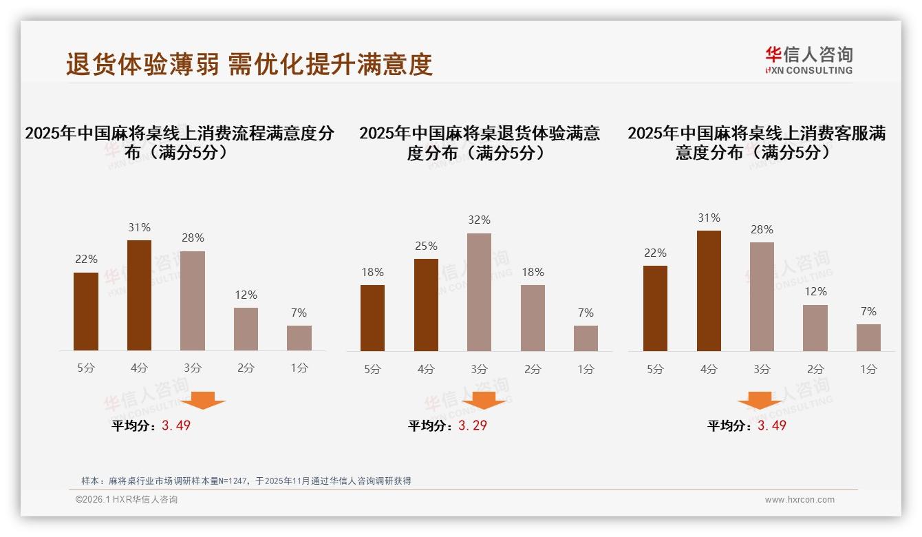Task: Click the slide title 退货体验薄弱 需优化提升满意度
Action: tap(249, 64)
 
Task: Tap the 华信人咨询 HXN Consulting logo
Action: tap(808, 60)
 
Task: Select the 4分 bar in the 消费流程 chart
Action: tap(140, 295)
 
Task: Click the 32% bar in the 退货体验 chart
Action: tap(479, 292)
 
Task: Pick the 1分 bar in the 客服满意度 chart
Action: tap(868, 337)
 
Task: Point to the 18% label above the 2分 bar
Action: tap(533, 273)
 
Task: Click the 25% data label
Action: tap(426, 246)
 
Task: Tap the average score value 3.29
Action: tap(473, 425)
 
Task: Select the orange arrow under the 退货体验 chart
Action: tap(484, 400)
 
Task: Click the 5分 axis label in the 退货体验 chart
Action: tap(372, 370)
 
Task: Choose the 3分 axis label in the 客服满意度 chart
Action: tap(762, 370)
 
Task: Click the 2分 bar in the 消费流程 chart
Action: tap(246, 329)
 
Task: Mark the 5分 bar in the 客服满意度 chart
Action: tap(655, 308)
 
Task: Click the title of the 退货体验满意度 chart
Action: tap(479, 143)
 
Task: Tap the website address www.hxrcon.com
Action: tap(800, 500)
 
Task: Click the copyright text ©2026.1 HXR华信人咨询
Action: tap(127, 500)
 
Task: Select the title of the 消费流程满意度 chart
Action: tap(180, 143)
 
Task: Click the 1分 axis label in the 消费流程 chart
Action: tap(299, 368)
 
